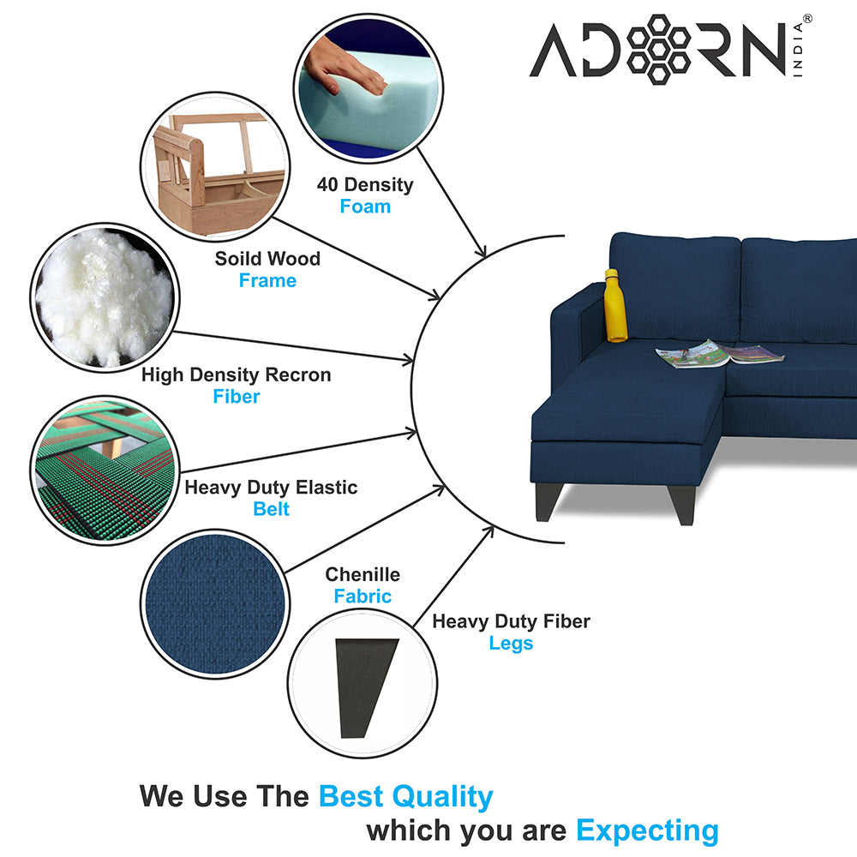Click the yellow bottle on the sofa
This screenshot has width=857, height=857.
click(x=615, y=305)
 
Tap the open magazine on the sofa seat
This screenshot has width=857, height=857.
click(x=719, y=354)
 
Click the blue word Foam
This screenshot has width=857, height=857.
click(x=365, y=207)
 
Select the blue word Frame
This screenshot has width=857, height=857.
click(x=267, y=280)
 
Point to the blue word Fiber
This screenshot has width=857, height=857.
click(x=237, y=396)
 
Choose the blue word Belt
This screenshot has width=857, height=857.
click(x=271, y=509)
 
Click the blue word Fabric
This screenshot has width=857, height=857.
click(x=363, y=596)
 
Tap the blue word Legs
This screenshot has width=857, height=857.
click(x=511, y=644)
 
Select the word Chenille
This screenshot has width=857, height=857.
click(x=363, y=574)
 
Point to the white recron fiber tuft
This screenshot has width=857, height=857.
click(x=105, y=298)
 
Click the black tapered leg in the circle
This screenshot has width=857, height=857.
click(x=365, y=687)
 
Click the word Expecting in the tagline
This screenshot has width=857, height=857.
click(x=648, y=831)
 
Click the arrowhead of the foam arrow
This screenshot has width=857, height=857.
click(x=481, y=250)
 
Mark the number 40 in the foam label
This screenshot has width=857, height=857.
click(x=328, y=185)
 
